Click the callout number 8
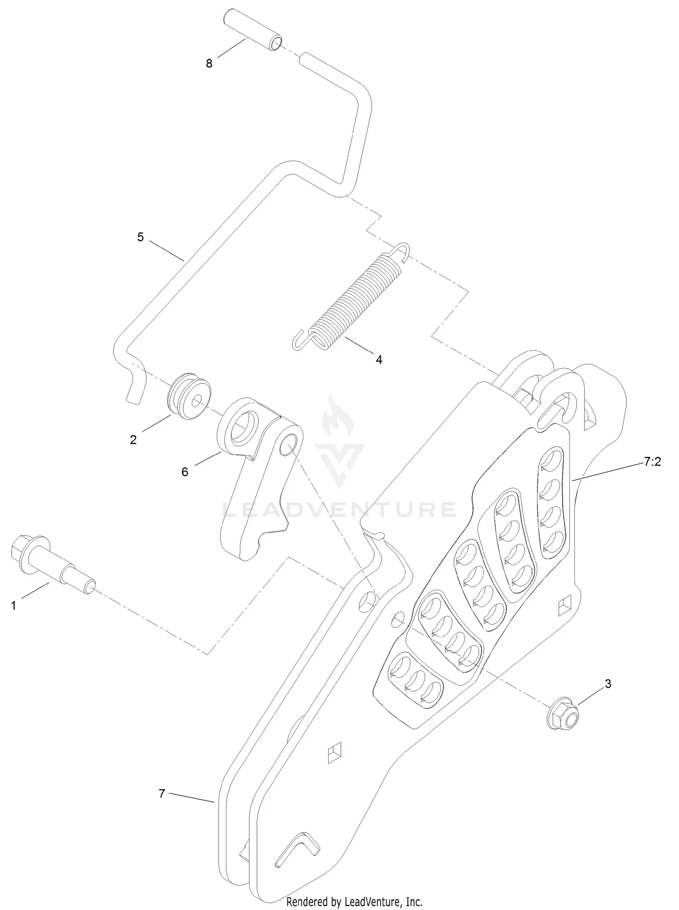pos(209,64)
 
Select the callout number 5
pos(140,237)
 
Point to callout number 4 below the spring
pos(379,360)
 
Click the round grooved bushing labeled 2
pos(189,396)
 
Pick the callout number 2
pos(133,440)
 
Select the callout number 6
pos(185,472)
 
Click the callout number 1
pos(14,605)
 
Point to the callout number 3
pos(608,684)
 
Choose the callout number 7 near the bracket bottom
pos(162,794)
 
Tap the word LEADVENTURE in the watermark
pos(339,510)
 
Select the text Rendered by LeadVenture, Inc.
pos(354,902)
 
